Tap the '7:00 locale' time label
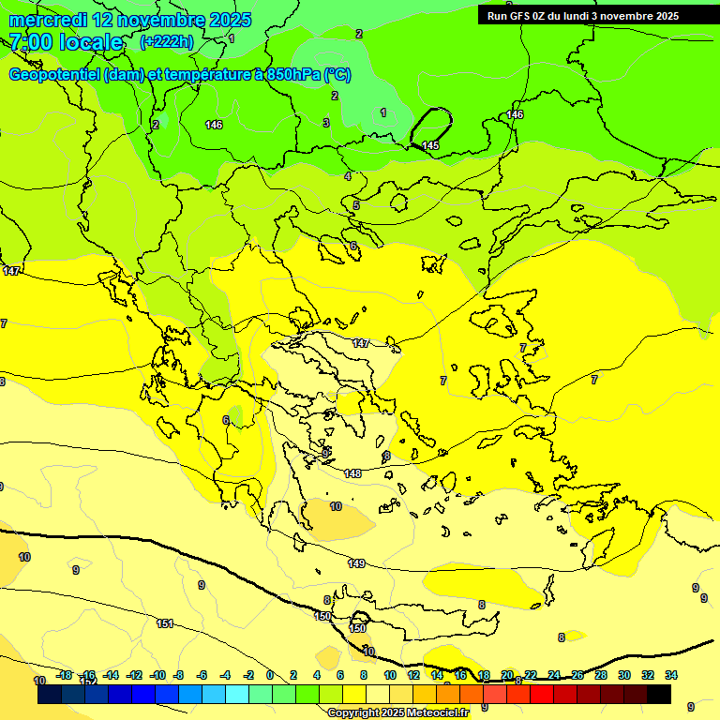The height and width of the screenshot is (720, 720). click(66, 42)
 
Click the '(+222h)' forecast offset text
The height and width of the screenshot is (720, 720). click(166, 42)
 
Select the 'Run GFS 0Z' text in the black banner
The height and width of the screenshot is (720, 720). click(521, 16)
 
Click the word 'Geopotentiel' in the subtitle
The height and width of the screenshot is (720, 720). click(54, 74)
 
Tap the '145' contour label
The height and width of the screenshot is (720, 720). click(430, 145)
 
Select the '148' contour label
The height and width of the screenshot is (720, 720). click(352, 473)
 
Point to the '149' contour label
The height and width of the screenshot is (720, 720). click(356, 563)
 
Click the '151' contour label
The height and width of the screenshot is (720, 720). click(165, 623)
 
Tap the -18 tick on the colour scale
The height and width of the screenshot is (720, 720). click(64, 675)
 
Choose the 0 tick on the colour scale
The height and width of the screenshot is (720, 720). click(270, 675)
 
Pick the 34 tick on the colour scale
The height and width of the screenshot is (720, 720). click(671, 675)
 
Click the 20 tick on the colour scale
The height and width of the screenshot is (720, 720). click(507, 675)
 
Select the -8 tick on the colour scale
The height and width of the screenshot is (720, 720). click(180, 675)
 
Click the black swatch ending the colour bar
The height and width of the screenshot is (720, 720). click(659, 695)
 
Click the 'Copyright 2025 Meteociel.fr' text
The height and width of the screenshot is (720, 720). click(397, 713)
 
